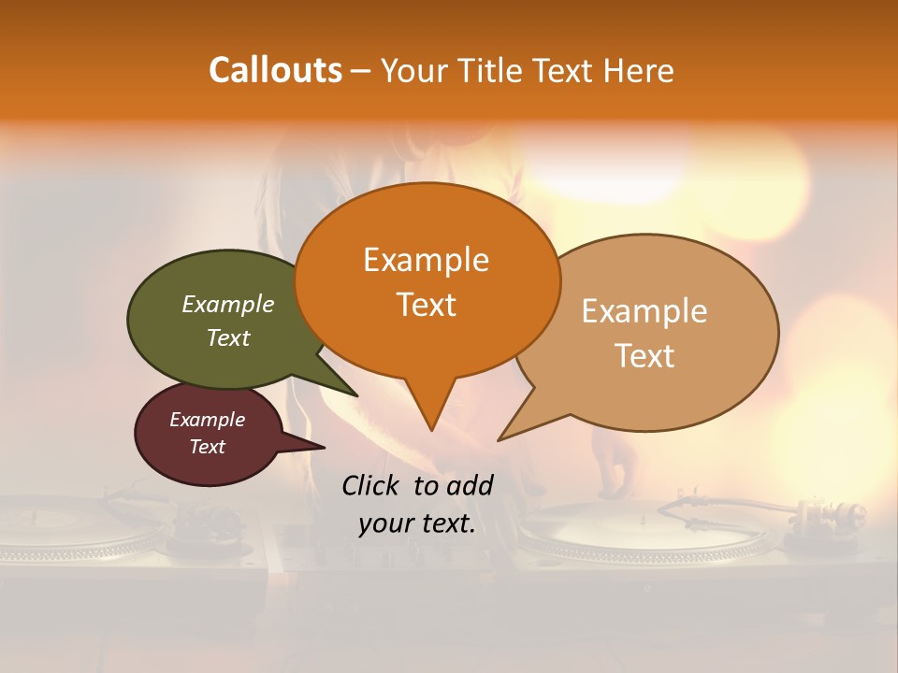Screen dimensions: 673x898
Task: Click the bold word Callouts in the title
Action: coord(275,70)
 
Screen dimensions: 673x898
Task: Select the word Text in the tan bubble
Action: coord(645,356)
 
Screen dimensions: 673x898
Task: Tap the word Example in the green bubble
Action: coord(228,304)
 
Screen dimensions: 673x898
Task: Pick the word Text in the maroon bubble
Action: coord(208,447)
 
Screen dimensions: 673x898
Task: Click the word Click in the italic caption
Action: coord(370,485)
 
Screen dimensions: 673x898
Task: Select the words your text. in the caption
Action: coord(417,523)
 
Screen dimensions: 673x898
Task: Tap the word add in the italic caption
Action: coord(470,485)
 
